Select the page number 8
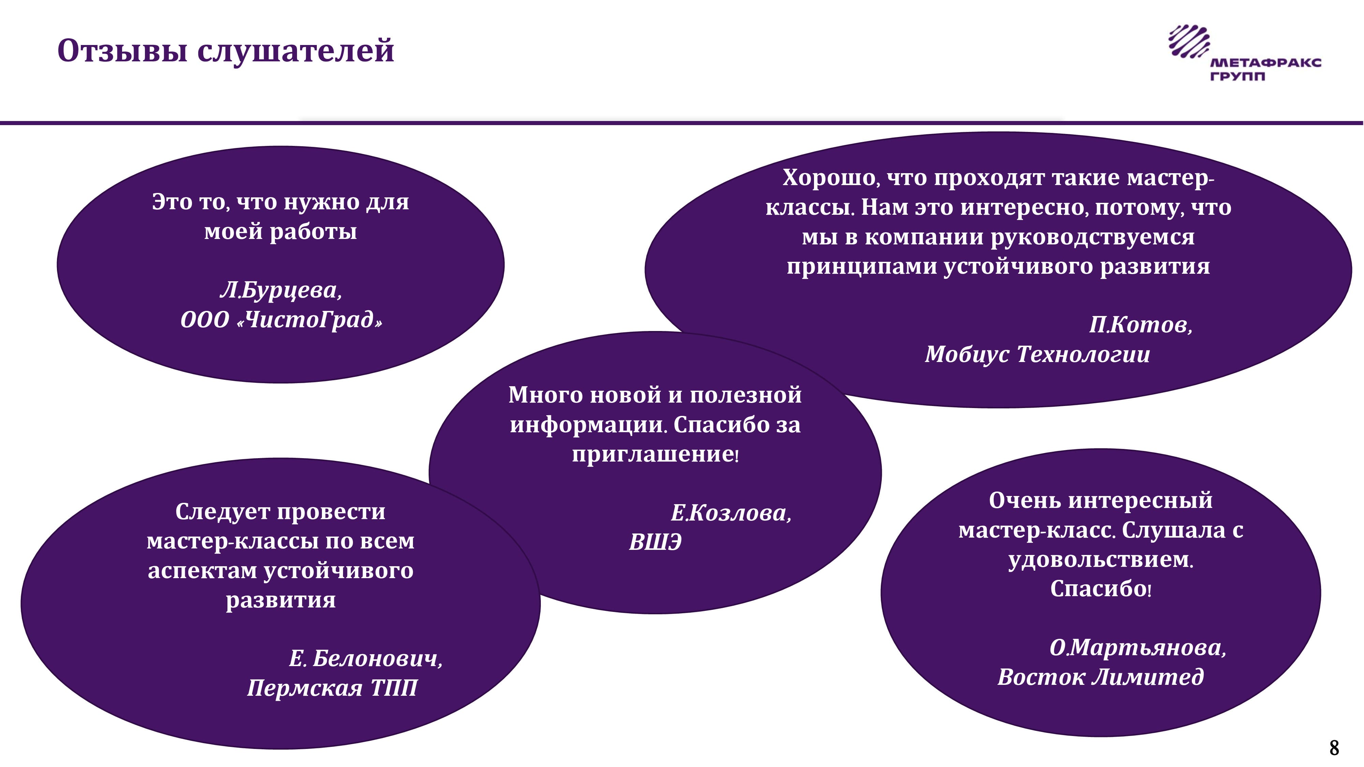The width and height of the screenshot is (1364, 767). (1334, 748)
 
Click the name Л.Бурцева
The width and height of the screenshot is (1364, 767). (281, 290)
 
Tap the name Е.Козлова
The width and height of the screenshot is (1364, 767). (731, 512)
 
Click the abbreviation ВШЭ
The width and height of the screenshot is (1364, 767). (655, 542)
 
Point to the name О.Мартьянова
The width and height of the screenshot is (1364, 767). (1138, 647)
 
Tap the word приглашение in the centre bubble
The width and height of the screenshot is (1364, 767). (655, 454)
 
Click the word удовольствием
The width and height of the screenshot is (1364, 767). (1101, 559)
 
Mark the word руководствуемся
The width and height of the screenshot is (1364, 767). (1092, 237)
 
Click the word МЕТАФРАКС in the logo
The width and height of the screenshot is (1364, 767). (1265, 63)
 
